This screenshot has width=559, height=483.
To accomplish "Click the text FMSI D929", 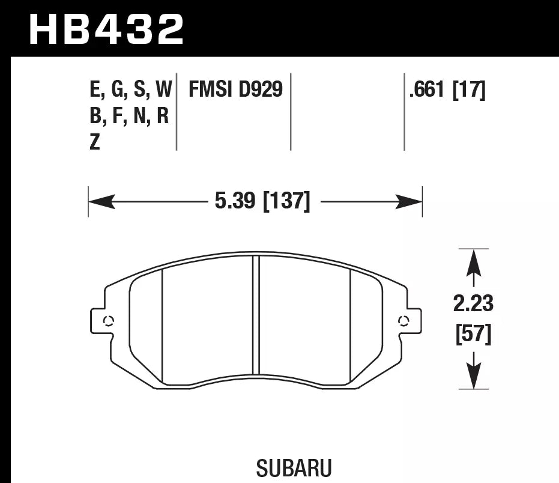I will pyautogui.click(x=235, y=90).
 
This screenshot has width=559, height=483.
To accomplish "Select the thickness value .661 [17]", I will pyautogui.click(x=446, y=90).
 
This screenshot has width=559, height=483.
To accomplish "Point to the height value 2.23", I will pyautogui.click(x=473, y=304).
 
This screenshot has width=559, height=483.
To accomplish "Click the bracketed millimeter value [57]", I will pyautogui.click(x=473, y=334).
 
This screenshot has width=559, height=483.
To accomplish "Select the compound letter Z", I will pyautogui.click(x=94, y=143).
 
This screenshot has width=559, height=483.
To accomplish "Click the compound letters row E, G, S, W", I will pyautogui.click(x=130, y=90).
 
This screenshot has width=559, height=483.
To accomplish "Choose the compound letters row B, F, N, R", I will pyautogui.click(x=128, y=116).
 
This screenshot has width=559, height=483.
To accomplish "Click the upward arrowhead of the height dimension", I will pyautogui.click(x=474, y=261).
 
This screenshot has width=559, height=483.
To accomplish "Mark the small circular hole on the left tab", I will pyautogui.click(x=109, y=320).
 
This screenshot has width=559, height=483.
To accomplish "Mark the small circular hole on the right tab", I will pyautogui.click(x=403, y=320).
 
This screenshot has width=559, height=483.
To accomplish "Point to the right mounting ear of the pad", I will pyautogui.click(x=412, y=320).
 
